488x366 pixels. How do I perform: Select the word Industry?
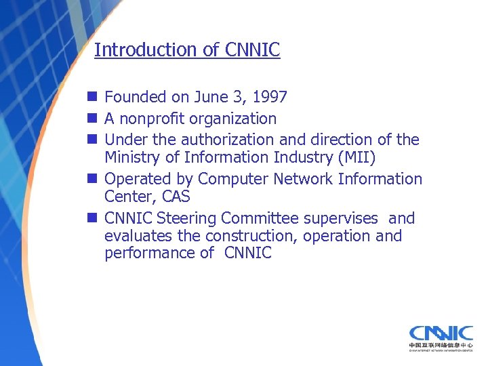click(302, 157)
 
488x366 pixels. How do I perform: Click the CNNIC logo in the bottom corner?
click(441, 338)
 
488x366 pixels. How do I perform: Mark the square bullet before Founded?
click(91, 98)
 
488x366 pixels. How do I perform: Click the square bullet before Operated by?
click(91, 179)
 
